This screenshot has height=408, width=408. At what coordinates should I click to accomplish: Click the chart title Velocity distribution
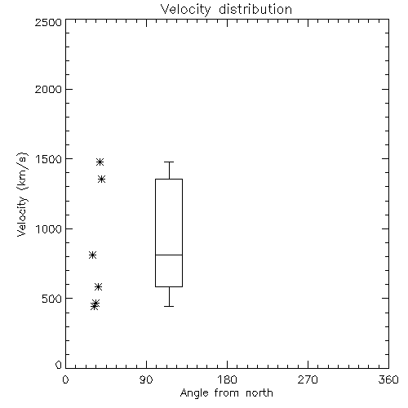coord(226,9)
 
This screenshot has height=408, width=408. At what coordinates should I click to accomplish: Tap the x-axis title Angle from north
coord(226,393)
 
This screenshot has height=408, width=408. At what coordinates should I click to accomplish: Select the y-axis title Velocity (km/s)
coord(22,194)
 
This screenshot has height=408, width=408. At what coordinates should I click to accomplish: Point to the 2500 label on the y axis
coord(48,22)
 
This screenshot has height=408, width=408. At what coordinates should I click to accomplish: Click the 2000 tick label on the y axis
coord(48,89)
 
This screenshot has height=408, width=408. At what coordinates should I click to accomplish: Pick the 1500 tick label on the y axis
coord(49,159)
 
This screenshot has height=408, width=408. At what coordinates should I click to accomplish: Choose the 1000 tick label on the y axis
coord(49,229)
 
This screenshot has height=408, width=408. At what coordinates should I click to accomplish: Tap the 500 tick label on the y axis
coord(52,299)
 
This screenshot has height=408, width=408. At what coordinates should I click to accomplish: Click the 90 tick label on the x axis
coord(146,379)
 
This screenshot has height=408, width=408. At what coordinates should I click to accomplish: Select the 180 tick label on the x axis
coord(227,379)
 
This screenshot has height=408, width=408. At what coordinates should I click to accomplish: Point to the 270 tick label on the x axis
coord(308,379)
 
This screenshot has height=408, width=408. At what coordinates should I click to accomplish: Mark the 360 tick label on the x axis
coord(388,379)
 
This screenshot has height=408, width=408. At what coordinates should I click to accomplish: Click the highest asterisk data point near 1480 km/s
coord(100,162)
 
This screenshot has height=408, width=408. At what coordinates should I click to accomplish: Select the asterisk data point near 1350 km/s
coord(101,179)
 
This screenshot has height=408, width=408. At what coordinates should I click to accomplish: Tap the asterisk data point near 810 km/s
coord(92,255)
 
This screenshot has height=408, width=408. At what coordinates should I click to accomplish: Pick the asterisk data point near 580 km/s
coord(98,286)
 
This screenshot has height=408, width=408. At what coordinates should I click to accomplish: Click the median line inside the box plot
coord(169,255)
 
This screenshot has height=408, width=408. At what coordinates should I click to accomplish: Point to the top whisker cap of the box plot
coord(169,162)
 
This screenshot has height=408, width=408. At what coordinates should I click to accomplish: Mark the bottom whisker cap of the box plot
coord(169,306)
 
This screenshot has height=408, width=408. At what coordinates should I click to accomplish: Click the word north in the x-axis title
coord(259,393)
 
